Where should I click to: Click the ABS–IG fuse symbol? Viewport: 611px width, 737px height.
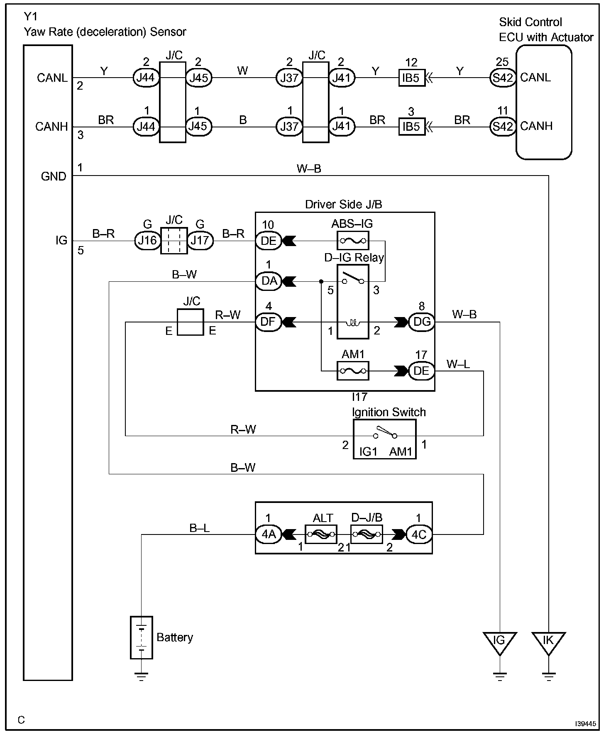pyautogui.click(x=352, y=240)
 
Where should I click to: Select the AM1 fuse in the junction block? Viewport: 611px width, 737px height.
pyautogui.click(x=352, y=371)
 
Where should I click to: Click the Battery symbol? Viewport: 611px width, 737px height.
pyautogui.click(x=142, y=638)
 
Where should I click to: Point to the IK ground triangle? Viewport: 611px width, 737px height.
pyautogui.click(x=549, y=643)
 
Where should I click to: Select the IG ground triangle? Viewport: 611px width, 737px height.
pyautogui.click(x=500, y=643)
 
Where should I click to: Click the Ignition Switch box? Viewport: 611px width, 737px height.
pyautogui.click(x=384, y=439)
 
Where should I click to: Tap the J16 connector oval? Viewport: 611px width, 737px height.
pyautogui.click(x=147, y=240)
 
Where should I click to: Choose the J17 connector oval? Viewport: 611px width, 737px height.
pyautogui.click(x=200, y=240)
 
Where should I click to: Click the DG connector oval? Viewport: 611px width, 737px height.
pyautogui.click(x=422, y=322)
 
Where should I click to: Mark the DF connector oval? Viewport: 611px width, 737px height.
pyautogui.click(x=268, y=322)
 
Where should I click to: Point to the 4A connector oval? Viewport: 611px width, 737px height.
pyautogui.click(x=268, y=534)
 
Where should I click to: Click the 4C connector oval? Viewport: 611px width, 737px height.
pyautogui.click(x=419, y=534)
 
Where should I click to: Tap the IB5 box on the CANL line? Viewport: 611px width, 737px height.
pyautogui.click(x=412, y=78)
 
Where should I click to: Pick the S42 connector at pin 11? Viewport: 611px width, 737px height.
pyautogui.click(x=503, y=126)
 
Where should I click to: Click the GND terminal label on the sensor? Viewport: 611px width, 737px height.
pyautogui.click(x=54, y=176)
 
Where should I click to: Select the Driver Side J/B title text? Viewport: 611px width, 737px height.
pyautogui.click(x=344, y=204)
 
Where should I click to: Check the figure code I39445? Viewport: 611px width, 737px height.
pyautogui.click(x=585, y=723)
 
